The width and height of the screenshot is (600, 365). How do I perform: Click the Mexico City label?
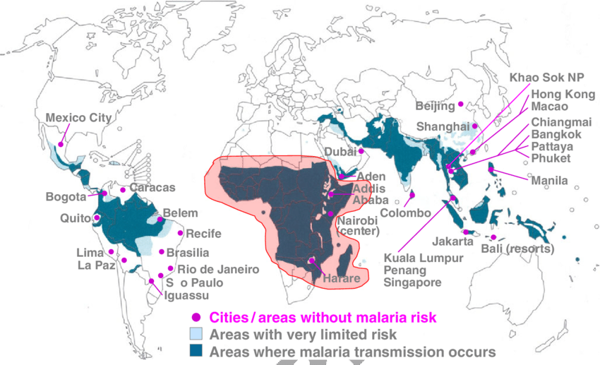pos(78,118)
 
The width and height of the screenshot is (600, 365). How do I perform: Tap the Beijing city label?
pos(435,107)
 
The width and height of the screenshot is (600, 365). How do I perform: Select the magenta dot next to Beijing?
pos(461,104)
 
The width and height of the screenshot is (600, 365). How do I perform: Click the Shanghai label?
pos(443,126)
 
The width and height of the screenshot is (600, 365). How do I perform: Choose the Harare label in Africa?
pos(342,279)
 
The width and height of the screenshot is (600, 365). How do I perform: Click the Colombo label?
pos(405,213)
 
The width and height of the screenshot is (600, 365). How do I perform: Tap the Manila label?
pos(549,181)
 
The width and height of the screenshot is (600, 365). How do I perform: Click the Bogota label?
pos(66,196)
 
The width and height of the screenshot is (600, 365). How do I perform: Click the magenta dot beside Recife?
pos(181,233)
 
